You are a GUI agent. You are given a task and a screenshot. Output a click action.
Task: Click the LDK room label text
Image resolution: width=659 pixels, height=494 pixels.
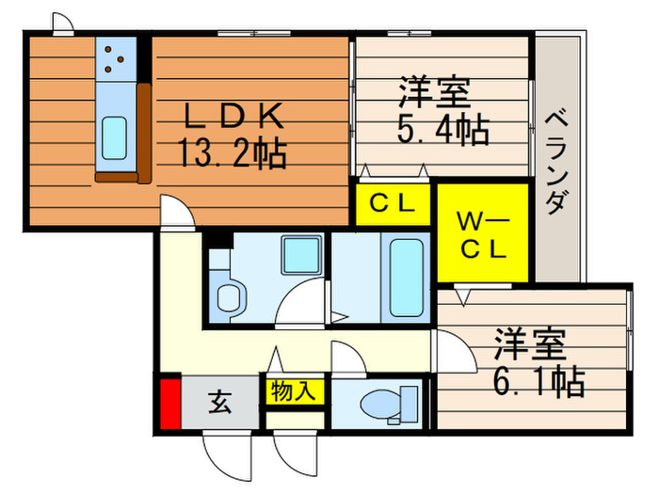234,116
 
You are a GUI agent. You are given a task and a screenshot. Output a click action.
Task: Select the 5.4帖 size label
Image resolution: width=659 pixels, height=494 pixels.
443,129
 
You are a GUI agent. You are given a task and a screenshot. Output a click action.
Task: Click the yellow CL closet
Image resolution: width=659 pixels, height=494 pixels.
393,204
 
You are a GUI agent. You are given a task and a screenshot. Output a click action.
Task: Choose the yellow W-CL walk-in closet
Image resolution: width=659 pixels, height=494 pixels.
483,232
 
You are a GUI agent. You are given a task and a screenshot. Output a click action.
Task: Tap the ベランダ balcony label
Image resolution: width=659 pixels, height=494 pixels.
557,162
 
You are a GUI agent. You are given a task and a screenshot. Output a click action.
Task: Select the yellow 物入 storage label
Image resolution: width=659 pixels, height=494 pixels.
293,391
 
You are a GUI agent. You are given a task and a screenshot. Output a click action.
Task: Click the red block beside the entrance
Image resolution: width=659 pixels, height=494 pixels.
170,404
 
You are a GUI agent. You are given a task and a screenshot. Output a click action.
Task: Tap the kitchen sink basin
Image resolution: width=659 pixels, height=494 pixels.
114,138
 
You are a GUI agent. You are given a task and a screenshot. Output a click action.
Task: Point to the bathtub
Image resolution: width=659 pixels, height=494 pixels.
406,278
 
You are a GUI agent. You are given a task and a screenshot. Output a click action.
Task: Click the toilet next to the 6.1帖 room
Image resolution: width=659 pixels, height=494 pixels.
389,404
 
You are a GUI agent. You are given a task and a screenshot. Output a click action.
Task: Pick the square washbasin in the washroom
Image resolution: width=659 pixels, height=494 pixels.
301,255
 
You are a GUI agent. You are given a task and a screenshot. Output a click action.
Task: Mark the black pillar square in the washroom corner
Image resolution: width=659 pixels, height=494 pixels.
218,240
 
